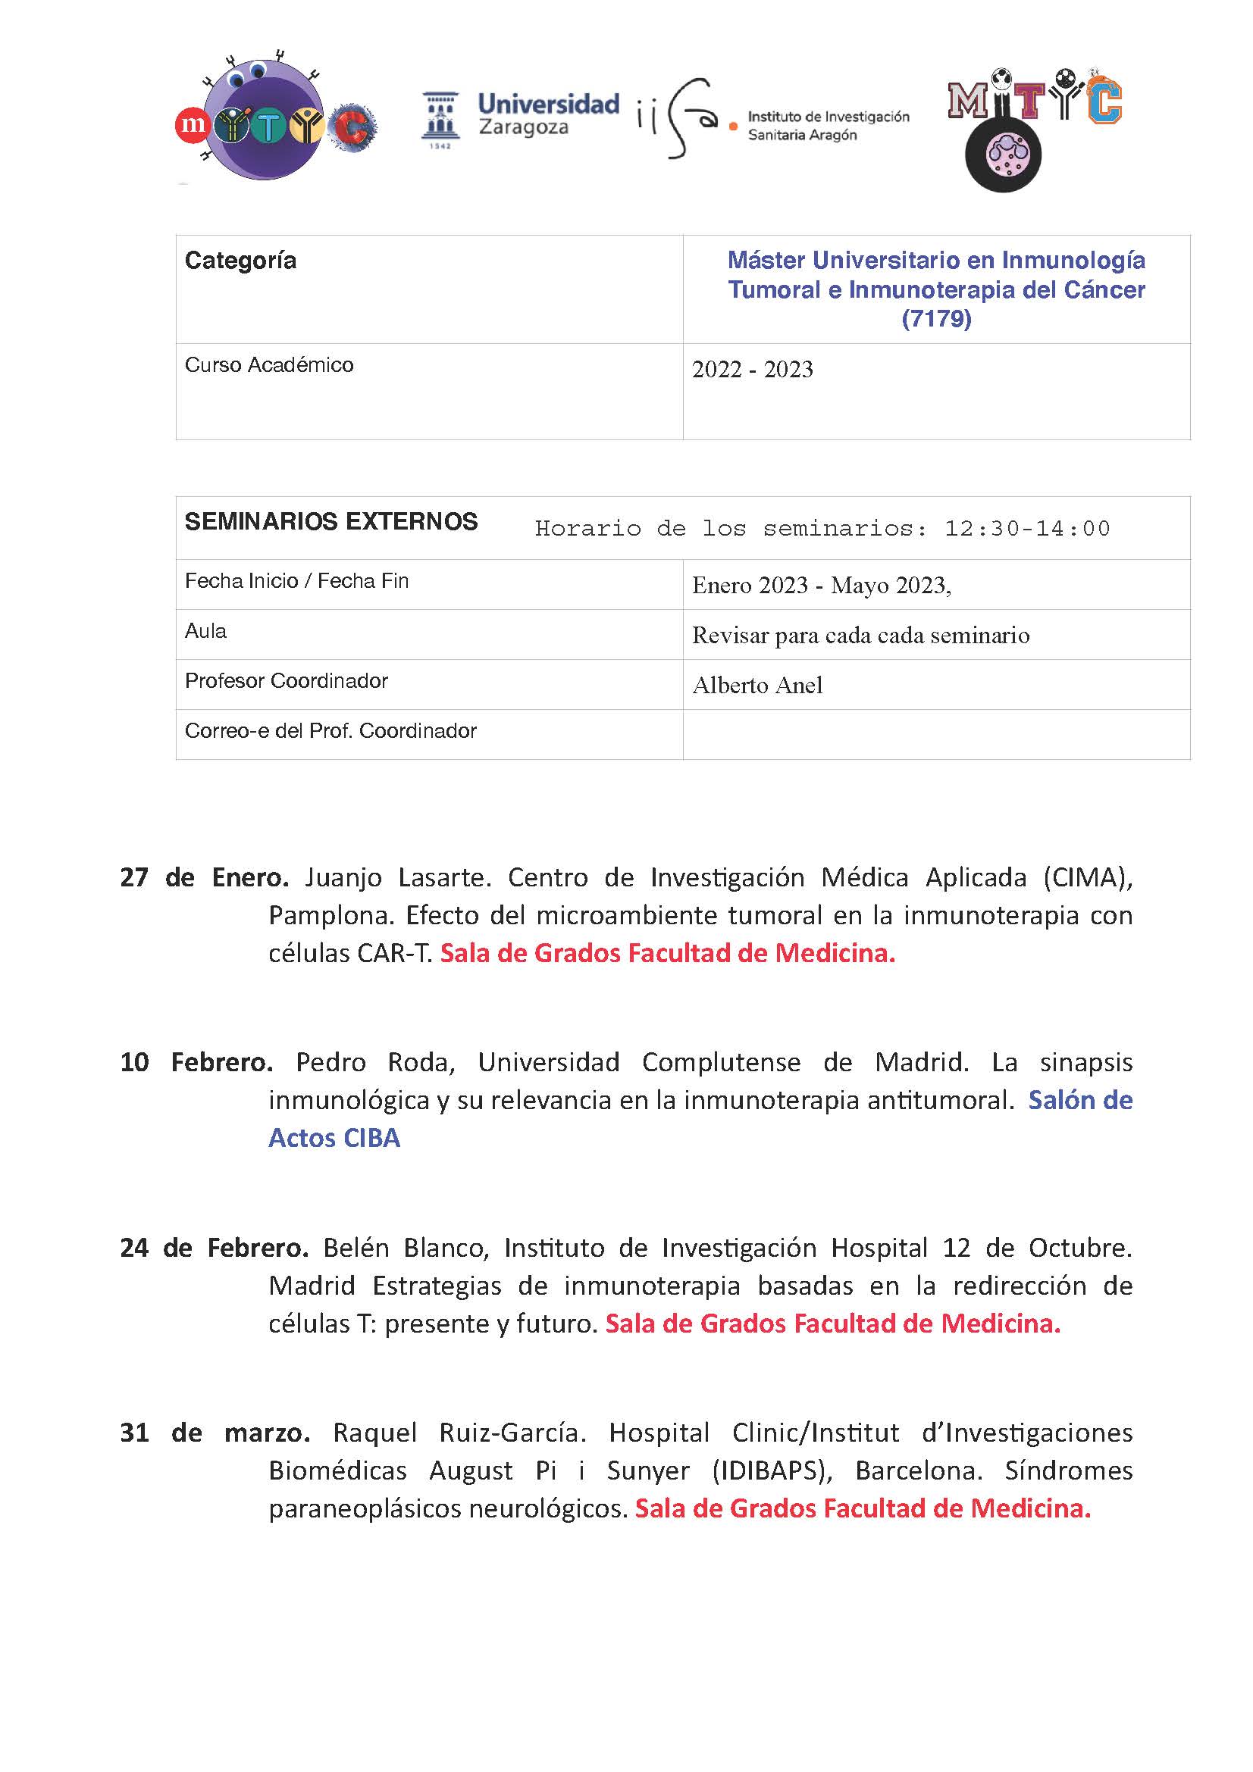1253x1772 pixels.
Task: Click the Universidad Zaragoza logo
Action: point(520,118)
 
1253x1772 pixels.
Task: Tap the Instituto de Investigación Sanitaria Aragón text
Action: point(828,126)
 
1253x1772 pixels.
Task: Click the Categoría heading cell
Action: point(240,261)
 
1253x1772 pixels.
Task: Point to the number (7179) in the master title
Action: point(935,319)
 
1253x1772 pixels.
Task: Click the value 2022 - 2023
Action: point(752,370)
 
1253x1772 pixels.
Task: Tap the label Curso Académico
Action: point(268,365)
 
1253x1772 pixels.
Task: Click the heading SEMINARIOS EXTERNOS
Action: point(330,522)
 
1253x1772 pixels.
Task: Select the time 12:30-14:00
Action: point(1027,529)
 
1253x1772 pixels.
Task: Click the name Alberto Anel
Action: point(756,686)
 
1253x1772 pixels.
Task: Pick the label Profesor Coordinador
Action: point(286,681)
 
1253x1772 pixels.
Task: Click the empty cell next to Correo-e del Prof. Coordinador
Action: point(935,734)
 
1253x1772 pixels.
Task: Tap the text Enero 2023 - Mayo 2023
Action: point(821,586)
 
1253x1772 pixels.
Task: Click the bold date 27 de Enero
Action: point(204,877)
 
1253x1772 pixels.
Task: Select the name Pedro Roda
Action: point(374,1062)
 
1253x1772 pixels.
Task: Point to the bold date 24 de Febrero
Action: point(214,1247)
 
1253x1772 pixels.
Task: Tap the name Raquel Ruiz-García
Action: point(459,1433)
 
